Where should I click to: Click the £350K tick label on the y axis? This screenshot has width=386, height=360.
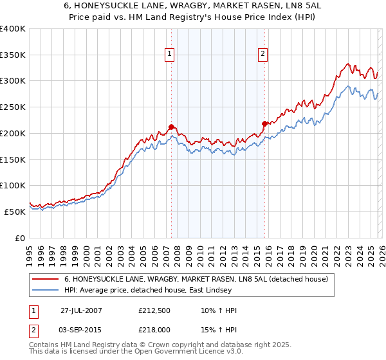pyautogui.click(x=13, y=55)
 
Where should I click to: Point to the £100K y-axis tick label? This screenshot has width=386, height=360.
pyautogui.click(x=13, y=186)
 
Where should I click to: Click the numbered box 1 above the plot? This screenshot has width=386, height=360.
pyautogui.click(x=170, y=55)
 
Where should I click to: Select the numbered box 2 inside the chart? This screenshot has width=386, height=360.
pyautogui.click(x=264, y=55)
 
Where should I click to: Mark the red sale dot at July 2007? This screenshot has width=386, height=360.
pyautogui.click(x=171, y=127)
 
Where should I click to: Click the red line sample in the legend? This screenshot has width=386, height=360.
pyautogui.click(x=46, y=279)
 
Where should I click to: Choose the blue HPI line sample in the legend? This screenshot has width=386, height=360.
pyautogui.click(x=46, y=290)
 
